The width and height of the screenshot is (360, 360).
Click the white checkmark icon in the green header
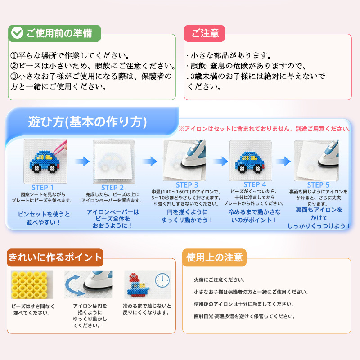click(17, 33)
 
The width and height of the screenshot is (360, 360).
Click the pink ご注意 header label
click(205, 33)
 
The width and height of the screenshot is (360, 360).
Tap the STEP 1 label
click(43, 188)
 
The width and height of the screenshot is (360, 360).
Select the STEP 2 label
click(112, 188)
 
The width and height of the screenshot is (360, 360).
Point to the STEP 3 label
click(187, 185)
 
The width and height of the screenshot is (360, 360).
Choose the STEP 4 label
click(255, 184)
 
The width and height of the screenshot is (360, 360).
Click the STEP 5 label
click(318, 185)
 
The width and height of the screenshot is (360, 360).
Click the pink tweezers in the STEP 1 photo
click(59, 148)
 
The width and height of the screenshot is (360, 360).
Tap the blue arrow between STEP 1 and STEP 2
click(82, 162)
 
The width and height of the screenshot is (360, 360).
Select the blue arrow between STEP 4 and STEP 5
click(283, 162)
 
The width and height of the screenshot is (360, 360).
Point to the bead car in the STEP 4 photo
click(250, 162)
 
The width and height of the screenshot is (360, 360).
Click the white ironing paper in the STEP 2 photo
click(113, 162)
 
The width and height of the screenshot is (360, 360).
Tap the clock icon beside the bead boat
click(162, 280)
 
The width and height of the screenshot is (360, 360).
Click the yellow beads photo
click(32, 285)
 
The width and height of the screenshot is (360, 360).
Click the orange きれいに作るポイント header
click(55, 257)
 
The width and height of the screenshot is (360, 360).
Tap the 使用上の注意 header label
click(215, 257)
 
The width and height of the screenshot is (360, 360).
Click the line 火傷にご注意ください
click(219, 279)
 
